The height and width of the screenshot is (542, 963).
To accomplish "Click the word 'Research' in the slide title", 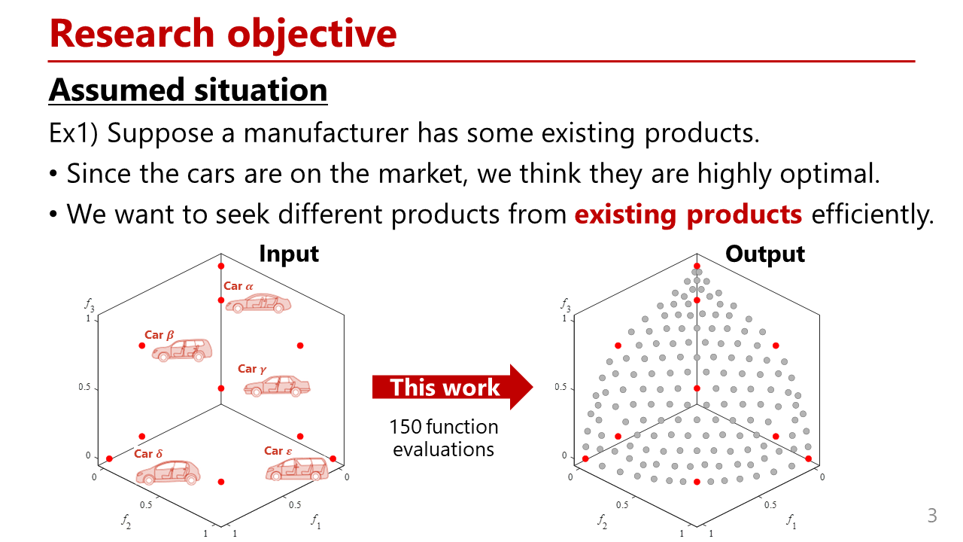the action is click(132, 34).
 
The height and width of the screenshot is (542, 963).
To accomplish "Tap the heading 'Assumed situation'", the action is click(188, 90).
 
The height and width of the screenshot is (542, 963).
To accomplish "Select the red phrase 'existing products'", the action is click(688, 215).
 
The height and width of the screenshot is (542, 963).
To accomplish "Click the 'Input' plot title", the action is click(289, 254).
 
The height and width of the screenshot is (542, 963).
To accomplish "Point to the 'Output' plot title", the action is click(765, 254).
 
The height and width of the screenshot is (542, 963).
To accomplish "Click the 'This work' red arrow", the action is click(452, 387).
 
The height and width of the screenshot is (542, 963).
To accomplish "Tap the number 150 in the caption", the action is click(406, 427).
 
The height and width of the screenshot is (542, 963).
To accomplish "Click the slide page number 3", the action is click(931, 516).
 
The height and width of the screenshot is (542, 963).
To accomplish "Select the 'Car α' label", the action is click(238, 286).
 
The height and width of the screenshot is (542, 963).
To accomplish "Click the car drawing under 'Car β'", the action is click(182, 350).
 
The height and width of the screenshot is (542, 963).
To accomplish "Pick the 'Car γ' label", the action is click(252, 369).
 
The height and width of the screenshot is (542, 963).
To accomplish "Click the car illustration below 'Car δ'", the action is click(168, 473).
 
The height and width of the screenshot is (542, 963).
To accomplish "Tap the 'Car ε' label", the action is click(278, 451).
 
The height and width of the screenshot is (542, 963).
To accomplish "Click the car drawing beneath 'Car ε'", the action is click(297, 469).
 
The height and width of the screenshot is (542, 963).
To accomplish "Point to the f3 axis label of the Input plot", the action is click(90, 305).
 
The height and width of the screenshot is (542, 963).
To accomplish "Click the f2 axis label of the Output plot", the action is click(602, 522).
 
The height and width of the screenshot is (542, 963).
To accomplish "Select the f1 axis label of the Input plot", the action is click(316, 522).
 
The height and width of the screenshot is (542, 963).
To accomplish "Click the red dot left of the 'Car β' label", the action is click(142, 346).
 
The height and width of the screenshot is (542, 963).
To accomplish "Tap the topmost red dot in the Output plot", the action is click(697, 266).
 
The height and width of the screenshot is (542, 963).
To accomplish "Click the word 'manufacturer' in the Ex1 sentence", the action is click(326, 133).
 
